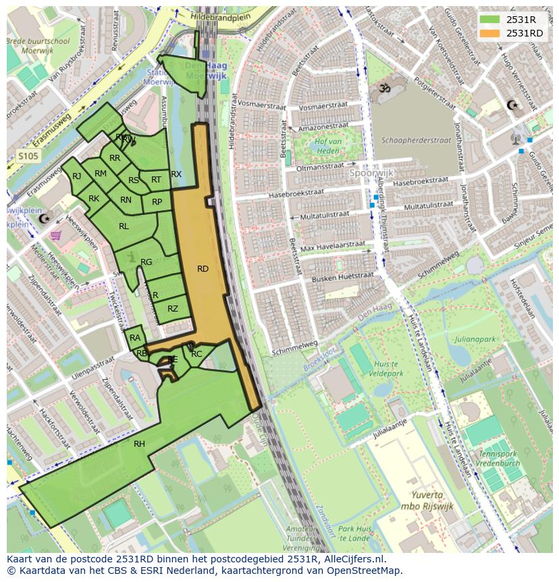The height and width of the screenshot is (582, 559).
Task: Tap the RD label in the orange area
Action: [x=203, y=269]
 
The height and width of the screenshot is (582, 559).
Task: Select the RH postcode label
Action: [x=139, y=444]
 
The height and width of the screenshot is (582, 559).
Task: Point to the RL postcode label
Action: [x=124, y=226]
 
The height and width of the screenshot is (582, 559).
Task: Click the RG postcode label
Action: [x=146, y=262]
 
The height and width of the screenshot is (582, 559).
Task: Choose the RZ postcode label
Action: [x=173, y=309]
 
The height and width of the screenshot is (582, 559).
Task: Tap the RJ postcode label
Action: [x=76, y=176]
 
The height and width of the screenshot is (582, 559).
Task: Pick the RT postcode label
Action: [x=156, y=180]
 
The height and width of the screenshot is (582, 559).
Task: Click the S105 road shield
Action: [x=28, y=156]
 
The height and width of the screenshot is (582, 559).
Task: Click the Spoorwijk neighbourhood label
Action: [x=371, y=172]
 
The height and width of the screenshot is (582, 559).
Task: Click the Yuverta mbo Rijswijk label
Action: [x=424, y=500]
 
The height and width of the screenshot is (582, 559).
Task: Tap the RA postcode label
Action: [x=135, y=338]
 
